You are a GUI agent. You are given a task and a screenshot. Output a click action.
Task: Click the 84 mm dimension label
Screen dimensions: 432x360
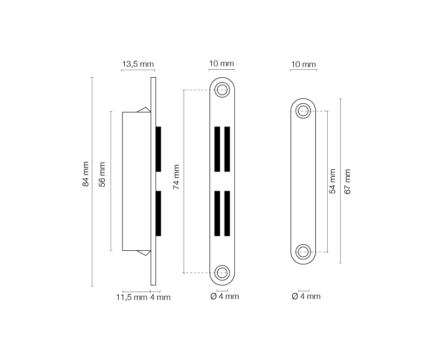pos(86,174)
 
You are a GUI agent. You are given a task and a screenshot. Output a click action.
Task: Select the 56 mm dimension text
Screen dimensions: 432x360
pos(102,175)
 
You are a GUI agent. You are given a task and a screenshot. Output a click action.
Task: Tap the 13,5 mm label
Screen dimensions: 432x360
pos(138,64)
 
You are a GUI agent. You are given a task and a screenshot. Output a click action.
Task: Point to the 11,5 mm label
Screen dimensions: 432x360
pos(132,297)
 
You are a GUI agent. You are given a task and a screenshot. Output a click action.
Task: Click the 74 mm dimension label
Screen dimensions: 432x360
pos(177,177)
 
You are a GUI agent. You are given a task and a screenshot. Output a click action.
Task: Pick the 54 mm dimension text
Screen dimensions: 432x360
pos(333,181)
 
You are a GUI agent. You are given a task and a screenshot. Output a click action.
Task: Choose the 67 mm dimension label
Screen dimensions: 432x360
pos(347,182)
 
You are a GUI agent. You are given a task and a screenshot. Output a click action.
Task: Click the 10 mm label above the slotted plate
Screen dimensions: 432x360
pos(221,63)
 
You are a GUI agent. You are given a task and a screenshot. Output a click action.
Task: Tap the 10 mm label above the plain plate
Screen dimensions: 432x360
pos(303,64)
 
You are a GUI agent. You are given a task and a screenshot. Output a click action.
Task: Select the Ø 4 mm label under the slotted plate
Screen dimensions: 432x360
pos(225,296)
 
